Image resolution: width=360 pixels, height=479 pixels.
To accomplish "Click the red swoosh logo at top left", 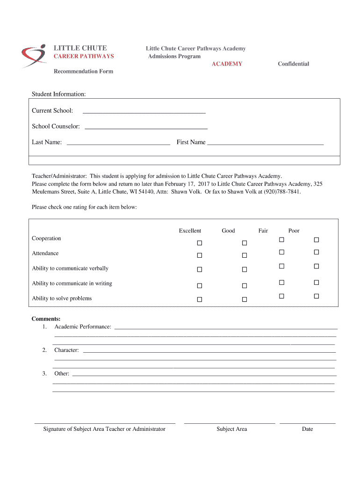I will pyautogui.click(x=33, y=56).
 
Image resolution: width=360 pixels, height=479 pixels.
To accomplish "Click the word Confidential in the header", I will pyautogui.click(x=293, y=64).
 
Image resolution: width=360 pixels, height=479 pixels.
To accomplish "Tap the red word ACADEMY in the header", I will pyautogui.click(x=227, y=64).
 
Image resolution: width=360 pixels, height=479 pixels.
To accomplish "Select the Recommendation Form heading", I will pyautogui.click(x=83, y=72).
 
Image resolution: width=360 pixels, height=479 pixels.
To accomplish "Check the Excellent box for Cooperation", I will pyautogui.click(x=199, y=243).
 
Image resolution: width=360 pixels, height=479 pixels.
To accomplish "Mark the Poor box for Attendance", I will pyautogui.click(x=316, y=252).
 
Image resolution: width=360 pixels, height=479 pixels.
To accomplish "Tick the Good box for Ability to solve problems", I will pyautogui.click(x=244, y=299).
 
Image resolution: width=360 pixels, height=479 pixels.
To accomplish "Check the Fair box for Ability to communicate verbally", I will pyautogui.click(x=281, y=266).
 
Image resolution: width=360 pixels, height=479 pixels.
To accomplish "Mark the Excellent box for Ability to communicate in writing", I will pyautogui.click(x=199, y=285).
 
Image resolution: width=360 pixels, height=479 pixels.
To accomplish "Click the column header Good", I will pyautogui.click(x=228, y=231).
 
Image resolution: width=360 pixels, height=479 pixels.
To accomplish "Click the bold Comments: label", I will pyautogui.click(x=43, y=319).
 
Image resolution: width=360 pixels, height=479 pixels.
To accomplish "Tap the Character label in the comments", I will pyautogui.click(x=66, y=350).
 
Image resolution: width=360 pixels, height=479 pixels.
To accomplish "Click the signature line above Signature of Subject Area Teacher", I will pyautogui.click(x=105, y=422).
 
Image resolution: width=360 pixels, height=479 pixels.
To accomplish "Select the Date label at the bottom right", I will pyautogui.click(x=307, y=429).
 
